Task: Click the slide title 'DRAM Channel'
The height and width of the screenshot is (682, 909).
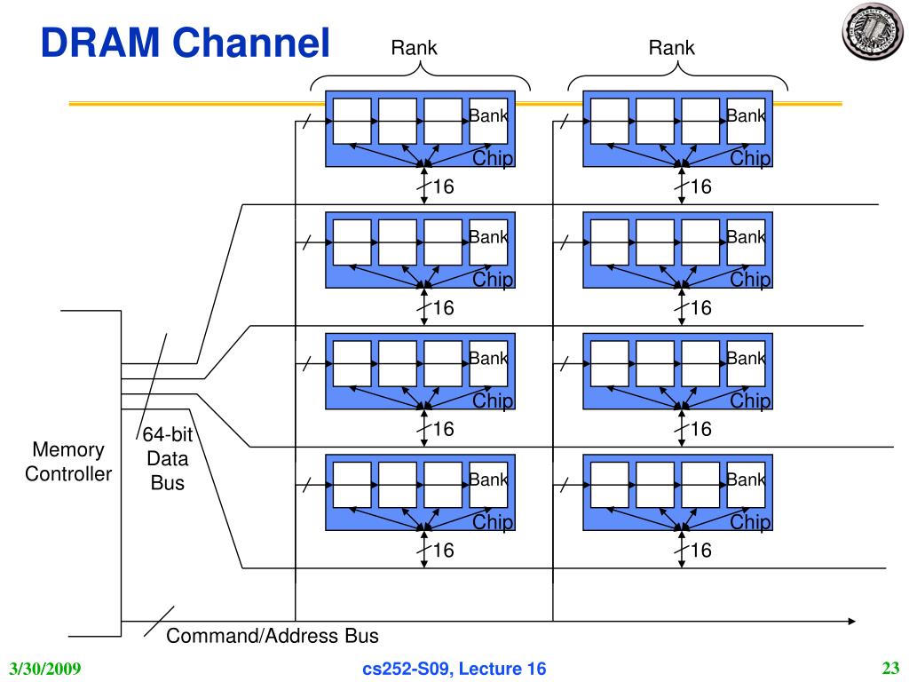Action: [x=185, y=43]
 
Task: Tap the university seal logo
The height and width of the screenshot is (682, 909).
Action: [x=873, y=31]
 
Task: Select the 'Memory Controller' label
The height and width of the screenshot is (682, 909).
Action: [x=68, y=462]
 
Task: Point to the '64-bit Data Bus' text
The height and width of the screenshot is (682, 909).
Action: [x=168, y=458]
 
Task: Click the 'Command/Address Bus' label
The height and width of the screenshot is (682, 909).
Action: [x=273, y=636]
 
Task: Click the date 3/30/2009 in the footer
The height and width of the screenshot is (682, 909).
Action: [x=45, y=669]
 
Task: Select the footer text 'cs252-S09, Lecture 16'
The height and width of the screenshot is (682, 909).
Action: [x=454, y=669]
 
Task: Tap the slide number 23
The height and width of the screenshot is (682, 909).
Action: [x=890, y=669]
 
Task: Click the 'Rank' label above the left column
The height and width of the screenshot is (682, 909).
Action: [x=414, y=48]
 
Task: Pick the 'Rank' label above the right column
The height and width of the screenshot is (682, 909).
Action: [x=671, y=48]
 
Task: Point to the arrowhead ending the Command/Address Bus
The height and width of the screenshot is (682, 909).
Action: [x=851, y=621]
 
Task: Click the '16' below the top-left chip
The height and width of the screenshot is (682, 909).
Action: [x=444, y=186]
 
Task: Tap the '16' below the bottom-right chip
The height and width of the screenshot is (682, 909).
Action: [x=701, y=550]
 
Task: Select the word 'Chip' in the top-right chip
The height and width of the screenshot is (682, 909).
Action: [x=750, y=158]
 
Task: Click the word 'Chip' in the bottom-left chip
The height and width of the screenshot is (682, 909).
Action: [x=493, y=521]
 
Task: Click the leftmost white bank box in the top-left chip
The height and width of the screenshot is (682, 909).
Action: [x=352, y=121]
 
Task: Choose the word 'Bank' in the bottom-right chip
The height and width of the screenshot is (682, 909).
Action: [x=746, y=480]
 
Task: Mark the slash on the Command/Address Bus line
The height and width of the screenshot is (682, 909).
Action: [x=159, y=622]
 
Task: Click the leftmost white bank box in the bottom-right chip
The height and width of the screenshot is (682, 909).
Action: [x=609, y=485]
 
